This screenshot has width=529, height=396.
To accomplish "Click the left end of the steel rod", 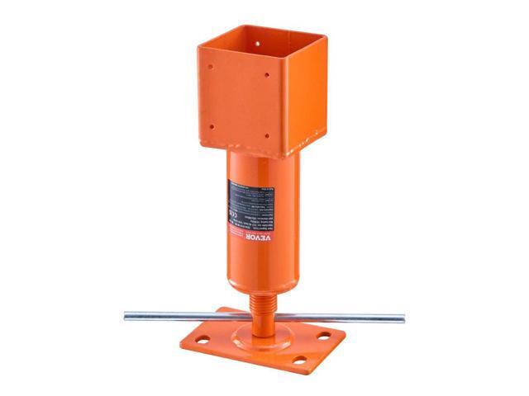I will pos(126,313).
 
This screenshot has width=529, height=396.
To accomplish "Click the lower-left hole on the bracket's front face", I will pos(212,127).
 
